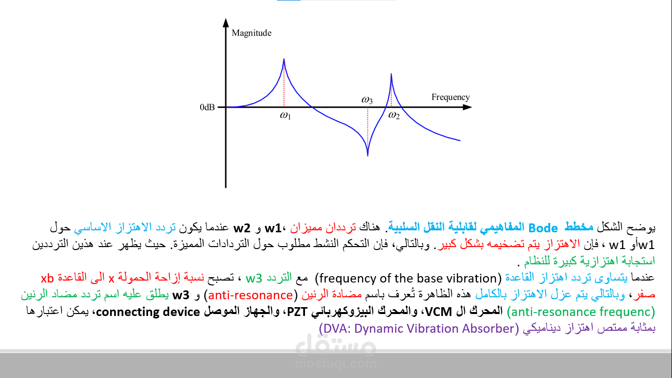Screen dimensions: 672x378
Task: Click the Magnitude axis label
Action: pos(251,33)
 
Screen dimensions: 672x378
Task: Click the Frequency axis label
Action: pos(450,97)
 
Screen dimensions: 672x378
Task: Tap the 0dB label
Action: pos(207,107)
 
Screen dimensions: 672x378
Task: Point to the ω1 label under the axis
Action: pos(285,115)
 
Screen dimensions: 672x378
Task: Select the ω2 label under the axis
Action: pos(394,115)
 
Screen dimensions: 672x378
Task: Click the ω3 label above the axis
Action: pos(367,100)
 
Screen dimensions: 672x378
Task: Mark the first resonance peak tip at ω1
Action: pos(284,59)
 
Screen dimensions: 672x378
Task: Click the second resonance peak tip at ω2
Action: pos(391,74)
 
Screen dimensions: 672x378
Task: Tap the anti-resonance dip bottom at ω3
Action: pos(367,156)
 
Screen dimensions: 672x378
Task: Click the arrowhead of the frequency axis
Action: pos(467,107)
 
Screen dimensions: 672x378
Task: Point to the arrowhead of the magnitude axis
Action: pos(226,23)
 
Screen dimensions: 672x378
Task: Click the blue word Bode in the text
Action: pos(543,228)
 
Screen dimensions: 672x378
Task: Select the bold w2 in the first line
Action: pos(242,228)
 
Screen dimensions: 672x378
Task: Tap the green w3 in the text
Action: pos(254,279)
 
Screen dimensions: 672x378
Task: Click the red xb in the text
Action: pos(47,278)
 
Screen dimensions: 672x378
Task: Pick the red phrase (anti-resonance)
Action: pos(250,295)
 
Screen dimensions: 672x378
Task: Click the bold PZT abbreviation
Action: pos(297,312)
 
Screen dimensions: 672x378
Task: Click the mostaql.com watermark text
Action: pos(336,364)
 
